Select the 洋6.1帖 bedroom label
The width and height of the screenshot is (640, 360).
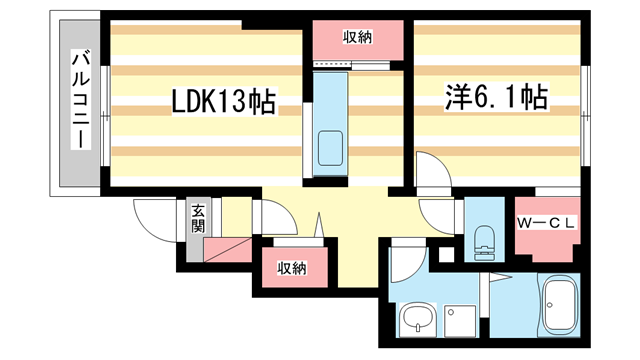coord(495,98)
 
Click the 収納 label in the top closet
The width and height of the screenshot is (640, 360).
coord(358,38)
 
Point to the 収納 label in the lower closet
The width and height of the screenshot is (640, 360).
coord(292,268)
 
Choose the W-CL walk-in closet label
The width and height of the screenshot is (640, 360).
coord(544,224)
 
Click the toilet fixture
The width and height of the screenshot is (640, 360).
coord(484,236)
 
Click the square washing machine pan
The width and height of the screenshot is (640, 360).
coord(462,320)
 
